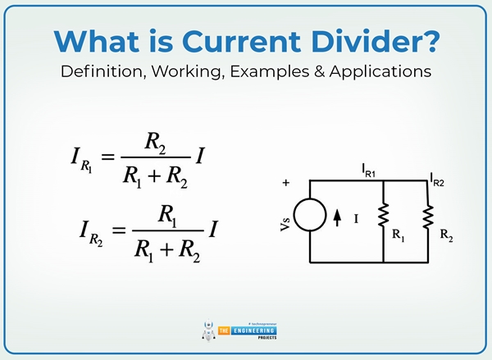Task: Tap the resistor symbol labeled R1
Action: tap(383, 217)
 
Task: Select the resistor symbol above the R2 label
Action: tap(428, 217)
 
